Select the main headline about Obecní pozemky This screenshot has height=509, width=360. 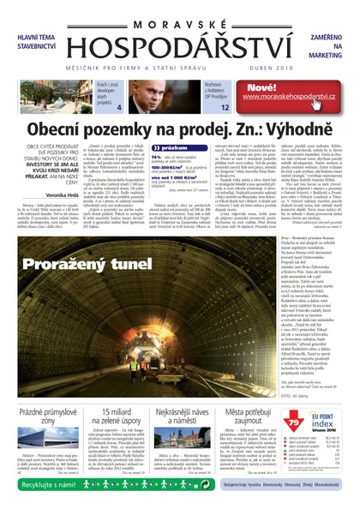180,129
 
